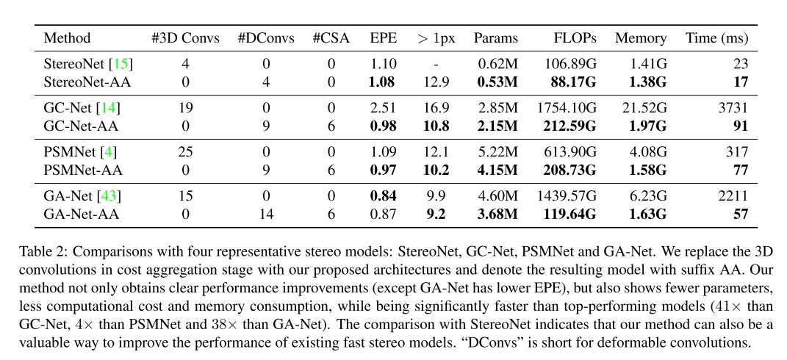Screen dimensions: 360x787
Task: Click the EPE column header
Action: (x=383, y=38)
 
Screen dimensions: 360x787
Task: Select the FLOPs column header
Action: (x=576, y=38)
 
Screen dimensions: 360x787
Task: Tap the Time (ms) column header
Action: (x=716, y=38)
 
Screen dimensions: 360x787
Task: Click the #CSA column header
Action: (x=331, y=38)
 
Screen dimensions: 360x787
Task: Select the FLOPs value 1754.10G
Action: (x=567, y=108)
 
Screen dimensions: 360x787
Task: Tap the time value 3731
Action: (x=733, y=108)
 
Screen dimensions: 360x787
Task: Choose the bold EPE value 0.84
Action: (x=383, y=196)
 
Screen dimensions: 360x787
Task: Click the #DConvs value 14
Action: (x=266, y=214)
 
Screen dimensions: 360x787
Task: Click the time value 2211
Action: (x=733, y=196)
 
